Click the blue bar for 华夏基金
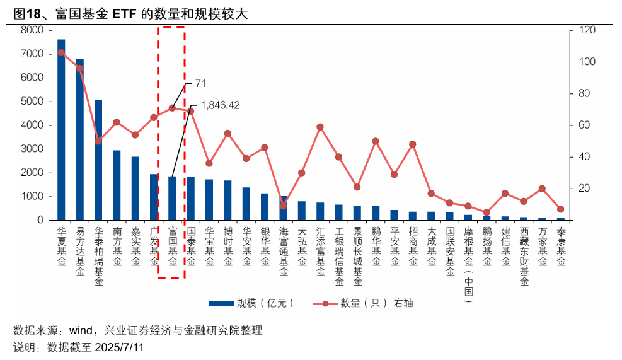[x=61, y=129]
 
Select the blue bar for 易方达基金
[x=80, y=139]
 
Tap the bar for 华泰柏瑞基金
[x=98, y=160]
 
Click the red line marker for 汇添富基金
[x=320, y=127]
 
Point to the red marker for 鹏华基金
[x=376, y=141]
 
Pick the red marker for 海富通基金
[x=283, y=206]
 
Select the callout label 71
[x=200, y=83]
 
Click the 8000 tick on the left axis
[x=32, y=30]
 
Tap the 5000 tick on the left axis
[x=32, y=102]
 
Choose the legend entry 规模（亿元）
[x=252, y=303]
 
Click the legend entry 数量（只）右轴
[x=366, y=303]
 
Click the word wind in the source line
[x=81, y=330]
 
